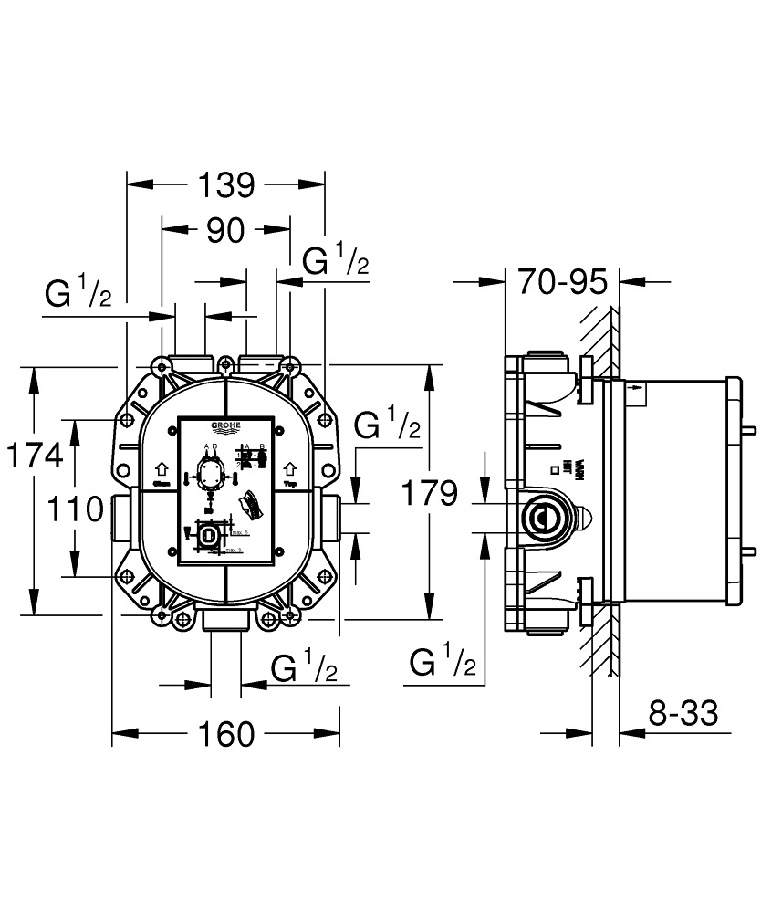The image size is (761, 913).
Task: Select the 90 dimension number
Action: [225, 230]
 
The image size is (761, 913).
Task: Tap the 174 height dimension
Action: [34, 454]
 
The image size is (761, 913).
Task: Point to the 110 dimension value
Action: [76, 509]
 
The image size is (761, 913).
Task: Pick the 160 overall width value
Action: [225, 733]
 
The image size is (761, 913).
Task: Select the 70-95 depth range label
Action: [562, 282]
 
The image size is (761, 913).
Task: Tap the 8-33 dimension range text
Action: [683, 712]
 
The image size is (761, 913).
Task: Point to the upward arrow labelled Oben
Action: [162, 467]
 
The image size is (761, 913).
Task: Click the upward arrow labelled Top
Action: [291, 467]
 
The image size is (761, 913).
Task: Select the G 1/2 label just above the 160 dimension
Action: [304, 669]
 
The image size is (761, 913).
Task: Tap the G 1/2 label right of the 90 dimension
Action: [335, 264]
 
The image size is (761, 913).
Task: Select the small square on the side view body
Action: [554, 470]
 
